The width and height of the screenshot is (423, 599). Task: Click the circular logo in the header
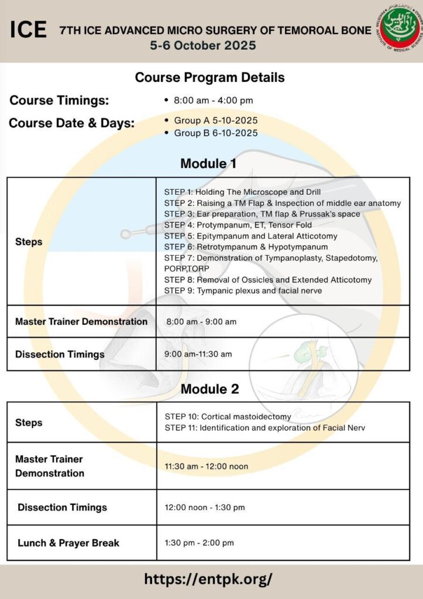coord(397,29)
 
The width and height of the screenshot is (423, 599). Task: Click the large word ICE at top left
coord(28,30)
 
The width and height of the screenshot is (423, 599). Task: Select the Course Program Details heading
coord(210,77)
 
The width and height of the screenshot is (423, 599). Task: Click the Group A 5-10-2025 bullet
coord(215,121)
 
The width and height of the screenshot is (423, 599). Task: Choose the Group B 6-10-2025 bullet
coord(215,133)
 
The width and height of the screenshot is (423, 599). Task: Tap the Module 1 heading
coord(208,164)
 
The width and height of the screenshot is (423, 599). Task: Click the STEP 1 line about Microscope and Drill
coord(242,192)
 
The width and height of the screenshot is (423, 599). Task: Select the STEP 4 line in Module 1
coord(238,225)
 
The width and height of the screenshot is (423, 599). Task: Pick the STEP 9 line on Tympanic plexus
coord(243,291)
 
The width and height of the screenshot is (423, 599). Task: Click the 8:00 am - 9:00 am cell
coord(201,322)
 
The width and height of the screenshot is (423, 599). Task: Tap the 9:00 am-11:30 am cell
coord(198,354)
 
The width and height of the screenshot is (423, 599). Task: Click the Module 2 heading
coord(209,388)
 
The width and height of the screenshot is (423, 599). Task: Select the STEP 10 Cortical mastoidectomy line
coord(228,416)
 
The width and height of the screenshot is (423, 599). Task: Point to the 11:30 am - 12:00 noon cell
coord(206,466)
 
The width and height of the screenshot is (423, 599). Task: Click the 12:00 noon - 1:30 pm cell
coord(204,507)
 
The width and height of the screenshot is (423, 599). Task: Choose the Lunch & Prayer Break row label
coord(68,543)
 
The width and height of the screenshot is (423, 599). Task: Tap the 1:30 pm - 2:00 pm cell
coord(199,543)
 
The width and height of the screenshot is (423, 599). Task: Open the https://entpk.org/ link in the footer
coord(208,579)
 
